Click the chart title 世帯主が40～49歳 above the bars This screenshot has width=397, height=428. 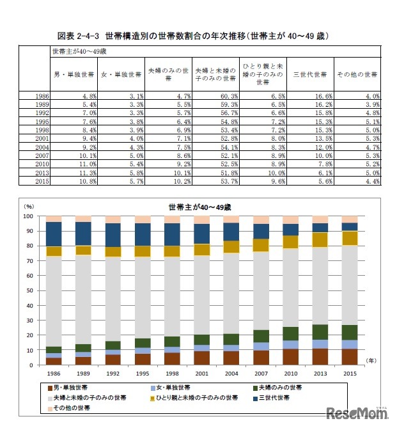click(x=198, y=207)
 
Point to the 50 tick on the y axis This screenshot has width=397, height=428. click(x=29, y=290)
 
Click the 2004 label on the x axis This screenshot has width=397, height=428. click(x=232, y=374)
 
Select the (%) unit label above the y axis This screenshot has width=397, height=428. click(x=29, y=207)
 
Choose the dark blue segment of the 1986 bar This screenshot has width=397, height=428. click(x=54, y=234)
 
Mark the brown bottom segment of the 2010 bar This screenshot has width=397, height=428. click(x=290, y=356)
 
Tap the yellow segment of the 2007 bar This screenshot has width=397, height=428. click(x=260, y=244)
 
